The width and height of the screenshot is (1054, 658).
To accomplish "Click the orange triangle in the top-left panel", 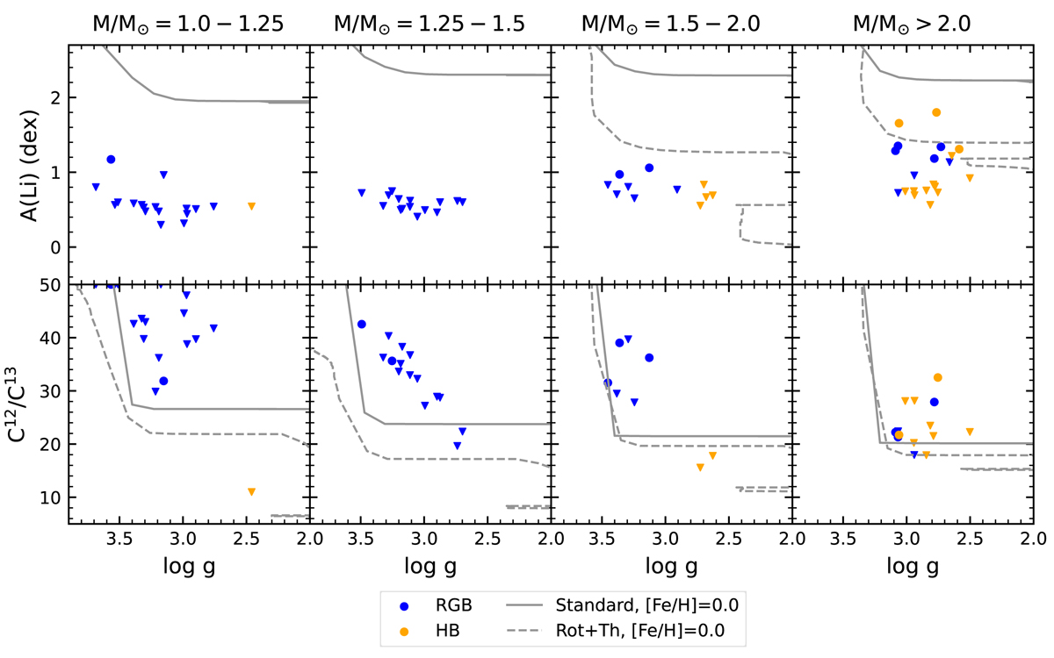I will [251, 206].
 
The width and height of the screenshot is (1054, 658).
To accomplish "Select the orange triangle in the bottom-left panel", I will [251, 492].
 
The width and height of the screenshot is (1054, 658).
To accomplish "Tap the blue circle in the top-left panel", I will [111, 159].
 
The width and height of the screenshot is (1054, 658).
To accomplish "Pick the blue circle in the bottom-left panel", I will [163, 381].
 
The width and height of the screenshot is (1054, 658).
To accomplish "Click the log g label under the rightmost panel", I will [913, 566].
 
